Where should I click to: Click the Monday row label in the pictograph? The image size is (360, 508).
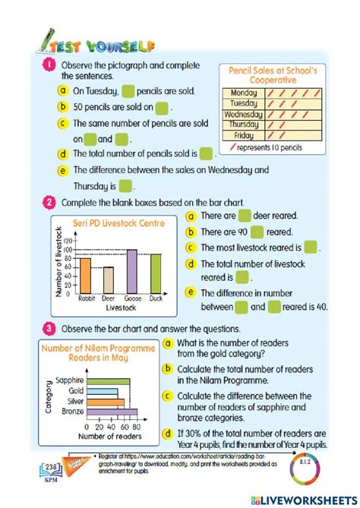[243, 93]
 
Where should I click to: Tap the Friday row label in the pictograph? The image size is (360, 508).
[243, 135]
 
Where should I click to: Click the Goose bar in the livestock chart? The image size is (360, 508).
[131, 271]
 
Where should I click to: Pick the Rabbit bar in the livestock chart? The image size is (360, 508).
[86, 276]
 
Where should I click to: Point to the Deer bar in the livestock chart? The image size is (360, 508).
[109, 280]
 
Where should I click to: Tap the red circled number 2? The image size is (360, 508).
[49, 203]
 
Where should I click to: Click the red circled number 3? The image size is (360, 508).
[49, 329]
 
